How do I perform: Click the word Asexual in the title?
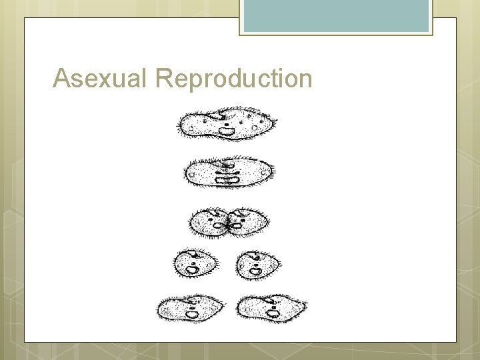[102, 79]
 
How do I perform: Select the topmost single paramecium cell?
[227, 123]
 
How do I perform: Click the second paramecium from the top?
[229, 173]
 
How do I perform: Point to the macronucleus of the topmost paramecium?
[227, 131]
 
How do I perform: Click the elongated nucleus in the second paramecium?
[227, 177]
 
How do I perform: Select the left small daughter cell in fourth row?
[195, 264]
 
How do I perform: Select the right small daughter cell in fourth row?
[257, 264]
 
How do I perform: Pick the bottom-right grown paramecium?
[272, 307]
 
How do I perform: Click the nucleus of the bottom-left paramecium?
[192, 313]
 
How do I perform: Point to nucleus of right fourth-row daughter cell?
[256, 270]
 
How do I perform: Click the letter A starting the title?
[62, 79]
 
